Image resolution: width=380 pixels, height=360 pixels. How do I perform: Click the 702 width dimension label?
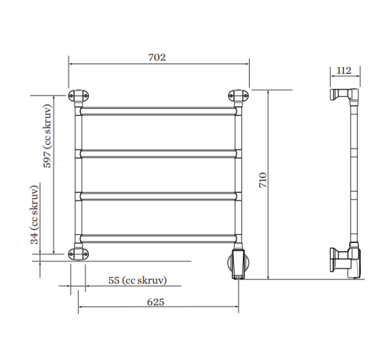[x=157, y=58]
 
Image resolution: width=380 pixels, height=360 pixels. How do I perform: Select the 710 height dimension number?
[x=263, y=180]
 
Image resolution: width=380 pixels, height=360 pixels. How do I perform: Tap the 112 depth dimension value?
[x=344, y=71]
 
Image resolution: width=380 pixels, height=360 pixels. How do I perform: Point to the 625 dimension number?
[x=155, y=302]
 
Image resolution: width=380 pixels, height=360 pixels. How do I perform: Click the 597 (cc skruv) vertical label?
[x=47, y=135]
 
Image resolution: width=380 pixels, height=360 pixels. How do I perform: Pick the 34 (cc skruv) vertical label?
[x=34, y=215]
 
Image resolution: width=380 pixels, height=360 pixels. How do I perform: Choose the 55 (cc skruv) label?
[x=138, y=281]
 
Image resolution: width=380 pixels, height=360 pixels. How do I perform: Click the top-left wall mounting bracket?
[x=78, y=96]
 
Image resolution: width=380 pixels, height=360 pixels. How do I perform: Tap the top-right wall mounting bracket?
[x=238, y=96]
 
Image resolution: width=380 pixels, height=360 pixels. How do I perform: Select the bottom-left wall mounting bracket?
[x=78, y=254]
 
